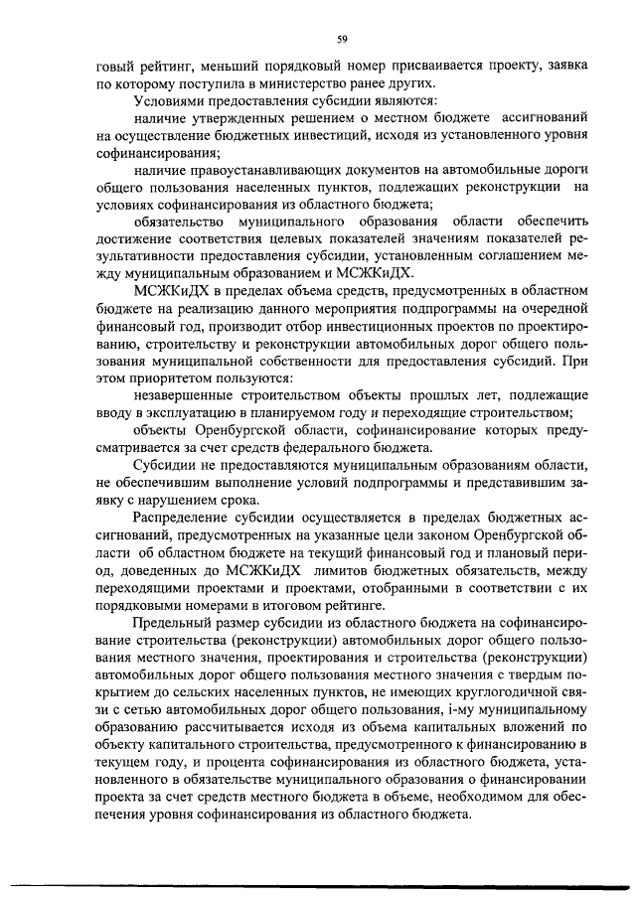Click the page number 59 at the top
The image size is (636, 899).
[x=341, y=39]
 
